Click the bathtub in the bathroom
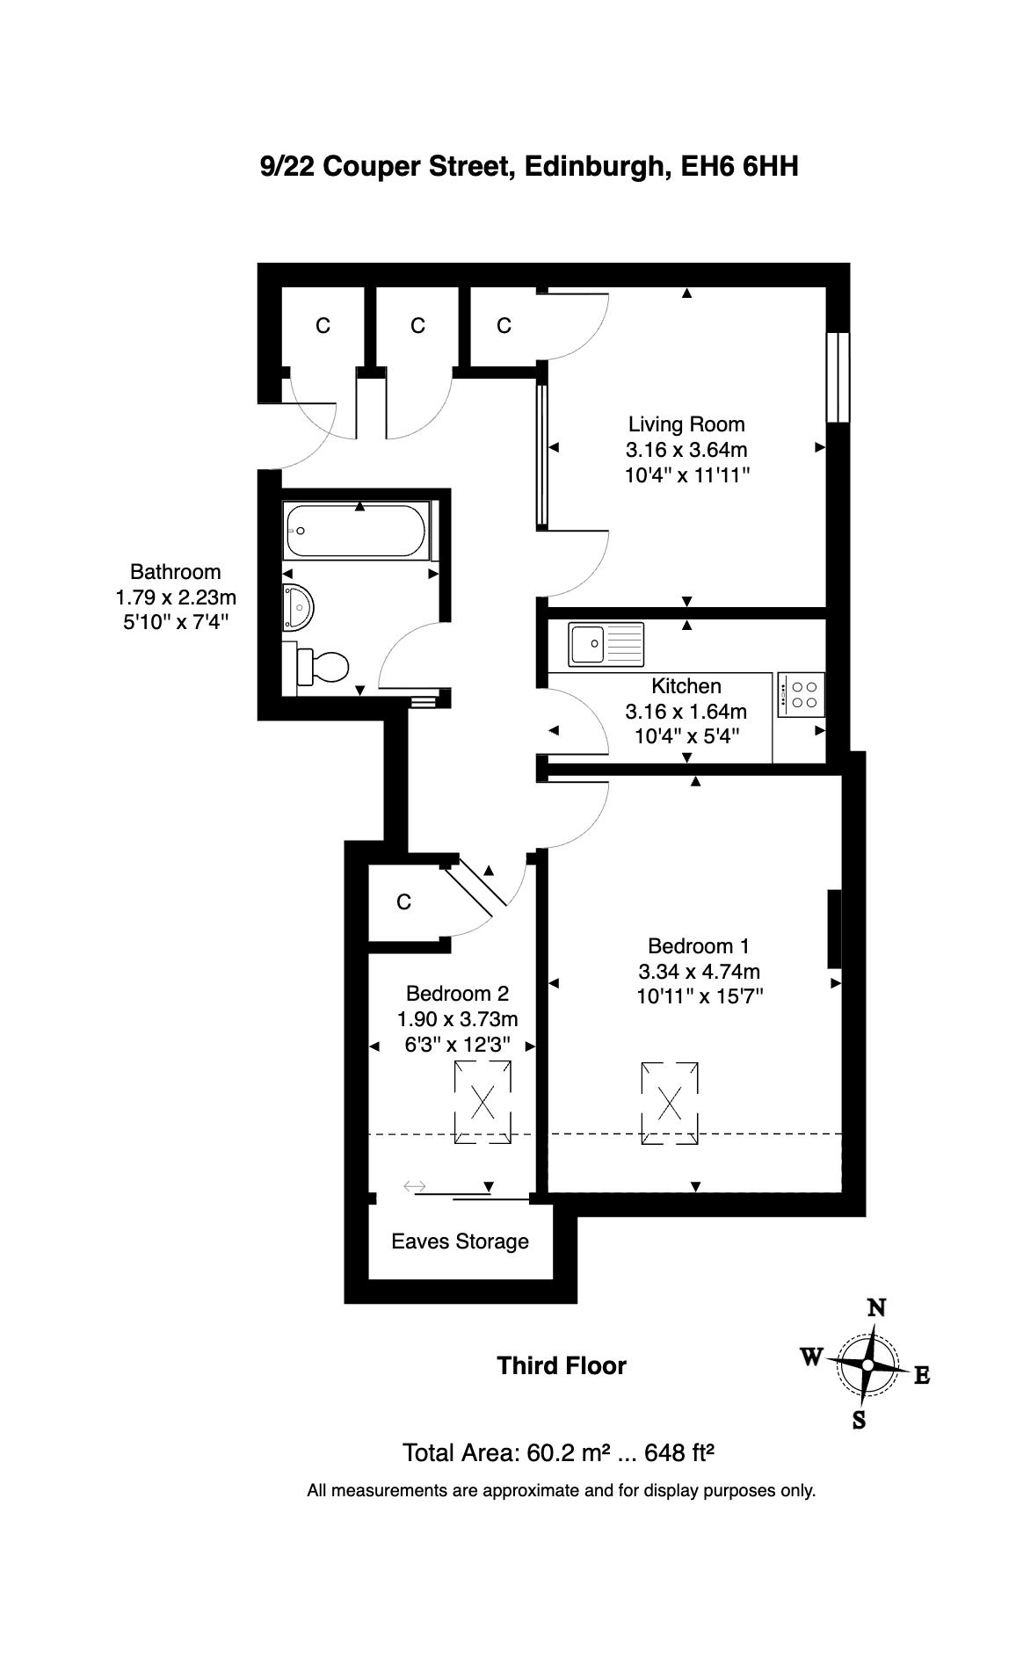pos(356,531)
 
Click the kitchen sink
pos(606,645)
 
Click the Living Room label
pos(686,424)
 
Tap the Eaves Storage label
pos(460,1241)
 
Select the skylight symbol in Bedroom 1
pos(671,1104)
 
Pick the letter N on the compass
pos(876,1308)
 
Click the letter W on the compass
pos(811,1357)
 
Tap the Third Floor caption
pos(562,1366)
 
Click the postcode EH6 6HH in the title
pos(740,166)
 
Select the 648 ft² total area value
pos(678,1452)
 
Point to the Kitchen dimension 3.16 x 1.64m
pos(686,711)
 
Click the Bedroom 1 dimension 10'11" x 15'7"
pos(700,996)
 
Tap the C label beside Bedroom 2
pos(404,902)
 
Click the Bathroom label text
pos(176,572)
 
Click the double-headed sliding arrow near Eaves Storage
pos(414,1187)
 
